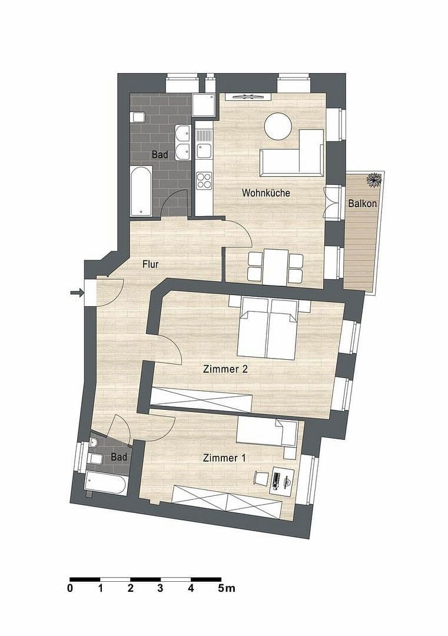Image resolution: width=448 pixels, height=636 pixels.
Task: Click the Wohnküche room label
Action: pyautogui.click(x=266, y=193)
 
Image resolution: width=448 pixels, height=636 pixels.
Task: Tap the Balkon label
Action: pyautogui.click(x=363, y=204)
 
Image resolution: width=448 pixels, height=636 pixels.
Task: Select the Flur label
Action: pyautogui.click(x=151, y=264)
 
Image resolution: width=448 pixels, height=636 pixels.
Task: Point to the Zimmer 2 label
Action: pyautogui.click(x=225, y=369)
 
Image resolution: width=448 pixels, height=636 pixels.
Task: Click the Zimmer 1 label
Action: pyautogui.click(x=224, y=458)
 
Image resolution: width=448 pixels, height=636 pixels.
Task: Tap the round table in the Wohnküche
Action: pyautogui.click(x=278, y=127)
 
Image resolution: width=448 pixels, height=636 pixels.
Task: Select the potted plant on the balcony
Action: pyautogui.click(x=373, y=180)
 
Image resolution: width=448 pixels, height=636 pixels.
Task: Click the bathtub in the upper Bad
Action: pyautogui.click(x=141, y=191)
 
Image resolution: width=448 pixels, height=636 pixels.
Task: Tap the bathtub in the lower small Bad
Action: pyautogui.click(x=106, y=484)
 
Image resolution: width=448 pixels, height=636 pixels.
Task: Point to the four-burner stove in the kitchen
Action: pyautogui.click(x=204, y=180)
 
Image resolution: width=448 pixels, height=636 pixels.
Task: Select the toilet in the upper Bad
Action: pyautogui.click(x=139, y=116)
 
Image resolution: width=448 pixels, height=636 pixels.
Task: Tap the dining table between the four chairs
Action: pyautogui.click(x=275, y=267)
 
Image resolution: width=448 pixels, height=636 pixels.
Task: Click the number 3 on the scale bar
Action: pyautogui.click(x=160, y=588)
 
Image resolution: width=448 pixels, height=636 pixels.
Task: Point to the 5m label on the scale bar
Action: pyautogui.click(x=226, y=588)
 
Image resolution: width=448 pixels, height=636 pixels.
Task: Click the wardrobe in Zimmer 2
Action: pyautogui.click(x=201, y=399)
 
